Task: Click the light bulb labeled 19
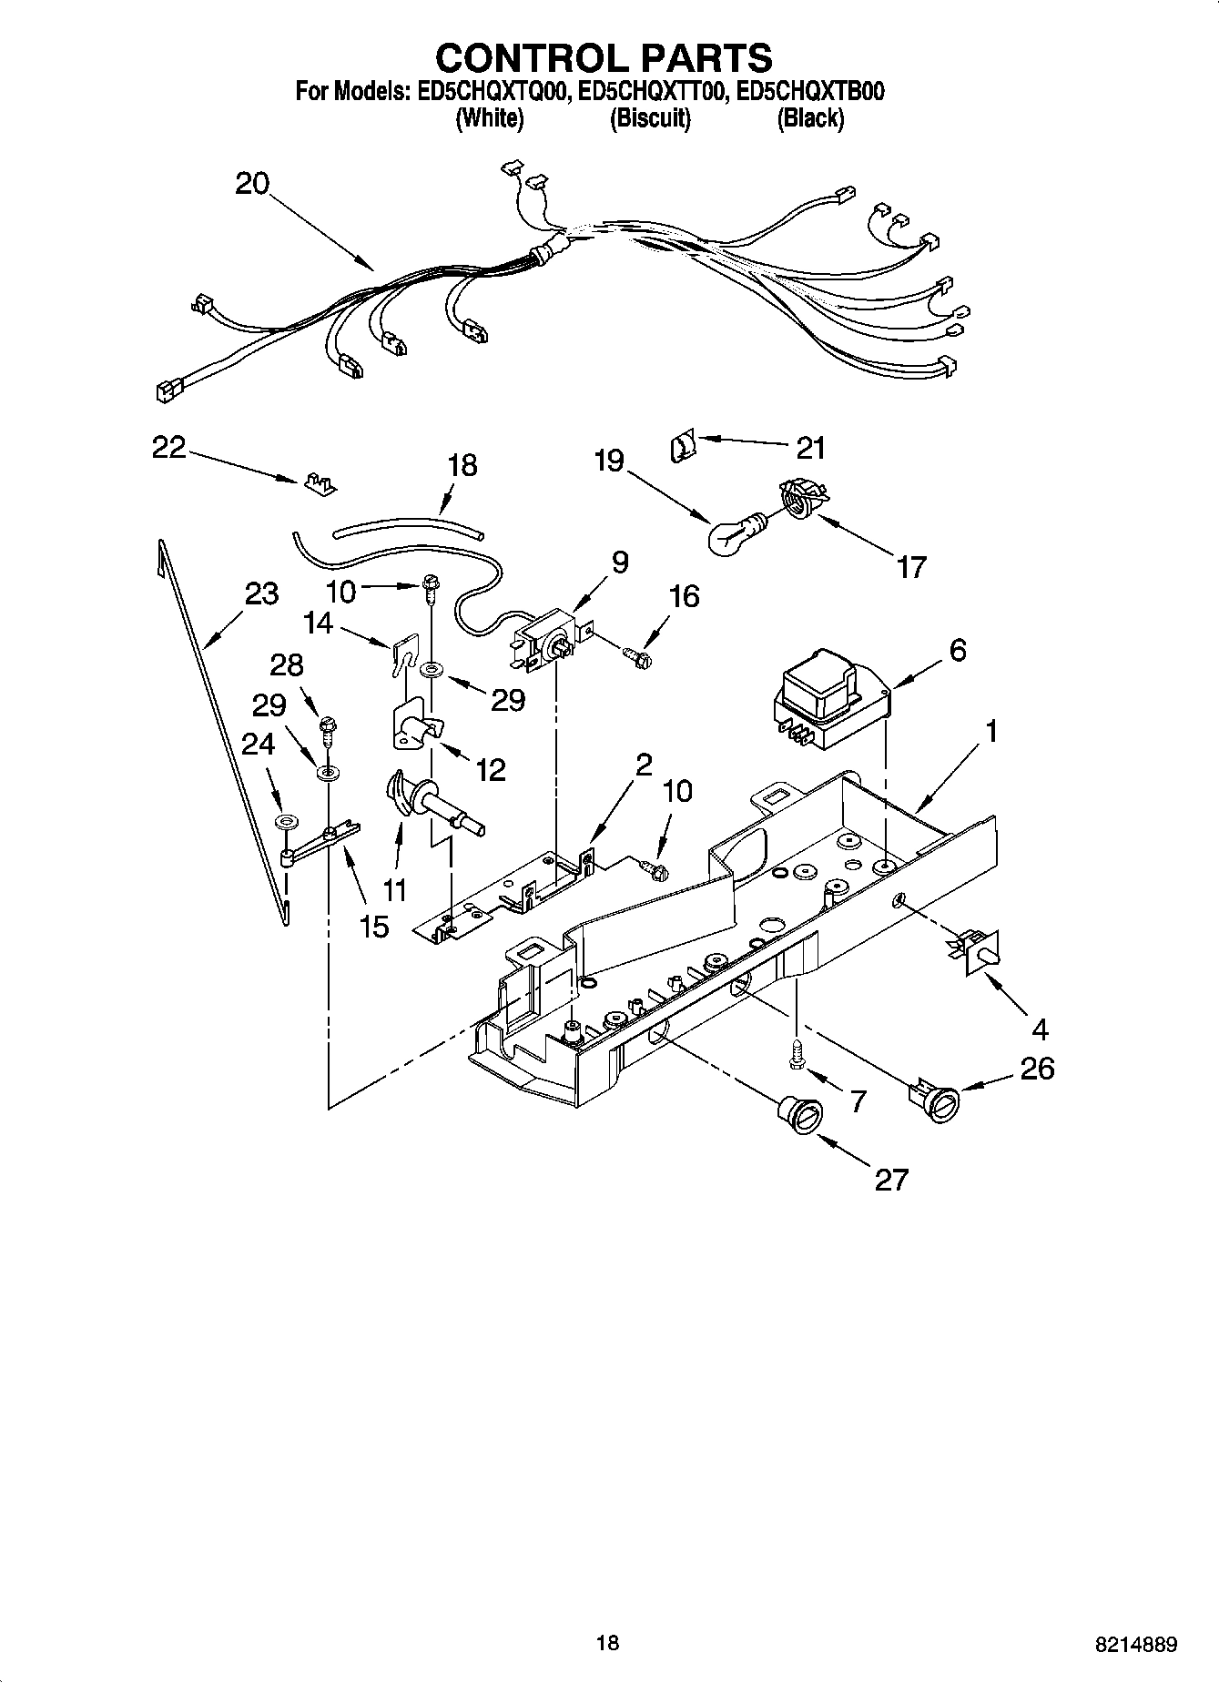click(730, 536)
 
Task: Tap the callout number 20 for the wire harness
click(252, 184)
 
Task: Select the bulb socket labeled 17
click(798, 502)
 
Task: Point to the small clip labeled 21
click(681, 446)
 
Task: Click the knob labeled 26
click(933, 1099)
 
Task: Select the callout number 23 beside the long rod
click(261, 594)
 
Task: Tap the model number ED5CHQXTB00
click(811, 91)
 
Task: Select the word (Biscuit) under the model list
click(649, 118)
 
